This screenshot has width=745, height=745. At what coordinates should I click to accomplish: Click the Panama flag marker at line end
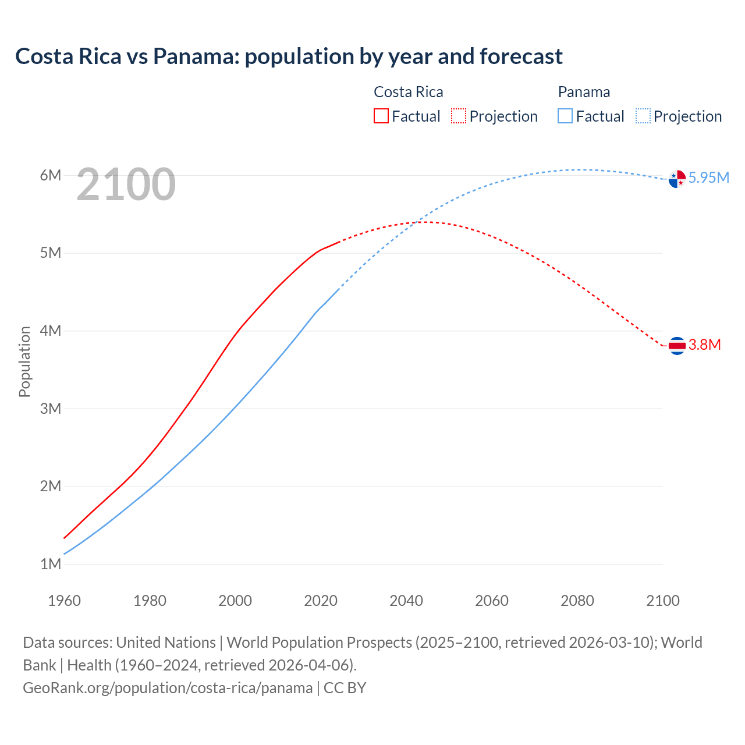click(x=677, y=179)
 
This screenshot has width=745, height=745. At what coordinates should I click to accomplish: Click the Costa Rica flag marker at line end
click(x=677, y=346)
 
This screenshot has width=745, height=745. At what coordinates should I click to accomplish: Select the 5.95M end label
click(x=708, y=178)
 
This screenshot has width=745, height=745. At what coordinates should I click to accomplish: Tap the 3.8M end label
click(x=704, y=345)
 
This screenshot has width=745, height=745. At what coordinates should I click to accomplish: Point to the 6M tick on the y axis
click(x=51, y=175)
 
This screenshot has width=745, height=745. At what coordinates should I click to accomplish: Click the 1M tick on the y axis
click(x=51, y=564)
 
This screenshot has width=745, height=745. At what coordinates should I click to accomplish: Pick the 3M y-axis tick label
click(x=51, y=409)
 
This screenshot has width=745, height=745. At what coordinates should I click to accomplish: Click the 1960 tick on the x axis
click(x=64, y=601)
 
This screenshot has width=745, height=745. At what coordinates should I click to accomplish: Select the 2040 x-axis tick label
click(x=406, y=601)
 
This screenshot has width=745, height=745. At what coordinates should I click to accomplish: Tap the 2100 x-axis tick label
click(x=662, y=601)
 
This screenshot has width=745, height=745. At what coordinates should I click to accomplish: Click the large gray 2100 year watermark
click(x=126, y=185)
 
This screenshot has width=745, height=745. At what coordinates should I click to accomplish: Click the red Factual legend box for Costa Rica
click(x=381, y=116)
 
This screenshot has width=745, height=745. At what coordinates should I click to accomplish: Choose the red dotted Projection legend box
click(x=459, y=116)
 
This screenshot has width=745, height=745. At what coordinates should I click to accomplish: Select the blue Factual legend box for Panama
click(x=565, y=116)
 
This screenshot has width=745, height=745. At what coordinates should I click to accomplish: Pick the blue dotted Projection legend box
click(x=643, y=116)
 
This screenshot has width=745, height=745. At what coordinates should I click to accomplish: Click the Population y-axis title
click(x=24, y=361)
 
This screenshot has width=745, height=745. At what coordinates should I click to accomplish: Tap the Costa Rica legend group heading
click(x=408, y=92)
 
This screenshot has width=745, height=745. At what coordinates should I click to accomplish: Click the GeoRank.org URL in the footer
click(x=168, y=688)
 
